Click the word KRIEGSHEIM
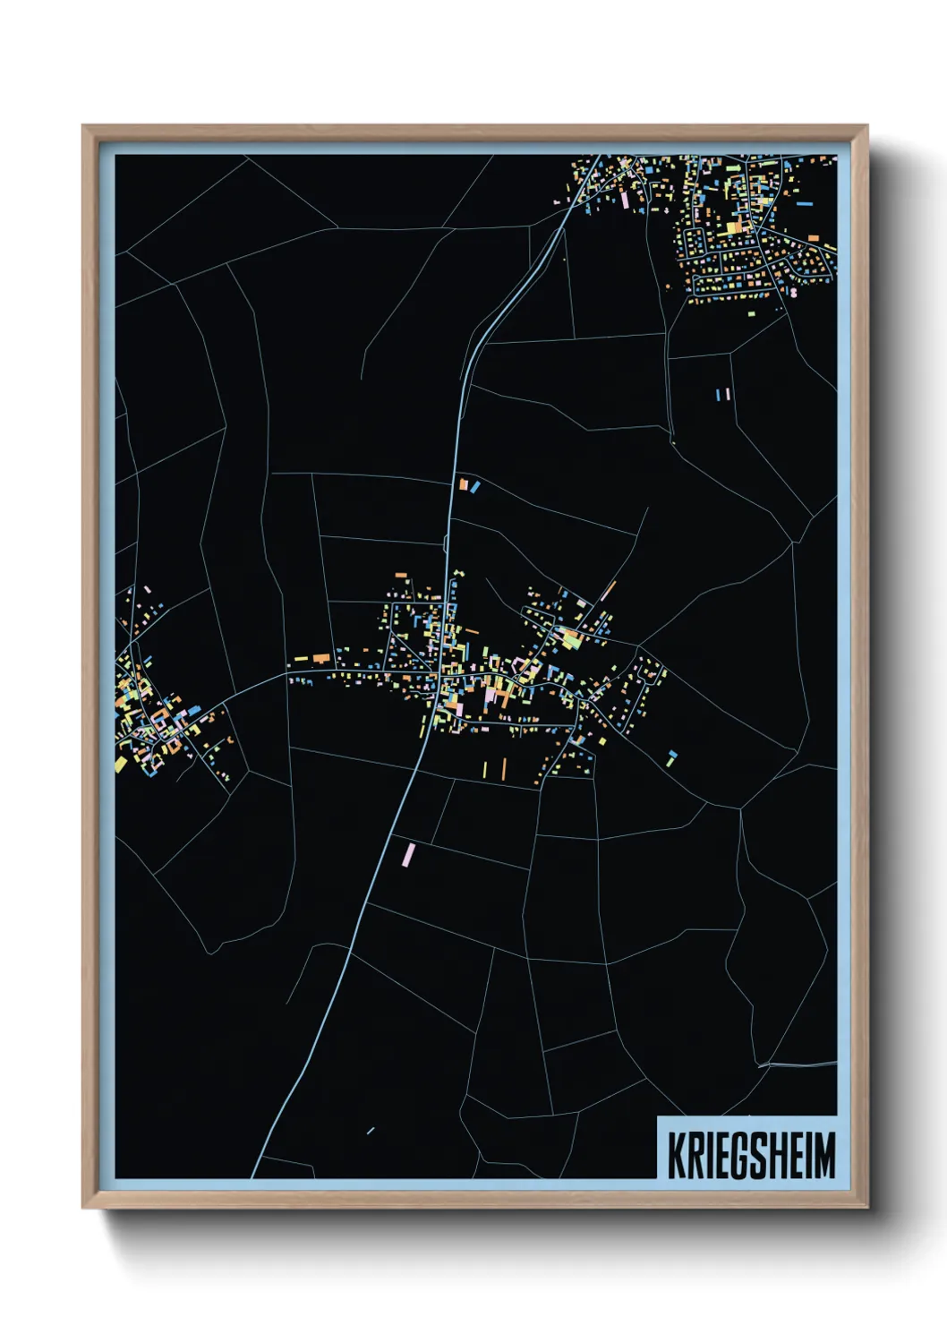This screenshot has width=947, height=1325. pyautogui.click(x=751, y=1155)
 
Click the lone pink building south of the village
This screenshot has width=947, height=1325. pyautogui.click(x=408, y=854)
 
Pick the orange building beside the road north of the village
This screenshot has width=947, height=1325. pyautogui.click(x=464, y=484)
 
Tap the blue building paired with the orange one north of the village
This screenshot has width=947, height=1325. pyautogui.click(x=475, y=487)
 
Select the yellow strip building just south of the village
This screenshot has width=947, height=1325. pyautogui.click(x=485, y=769)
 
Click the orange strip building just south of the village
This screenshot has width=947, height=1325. pyautogui.click(x=504, y=768)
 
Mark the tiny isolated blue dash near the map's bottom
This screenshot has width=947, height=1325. pyautogui.click(x=370, y=1131)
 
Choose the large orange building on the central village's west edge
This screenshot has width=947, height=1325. pyautogui.click(x=320, y=659)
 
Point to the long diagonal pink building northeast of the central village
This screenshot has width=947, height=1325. pyautogui.click(x=609, y=591)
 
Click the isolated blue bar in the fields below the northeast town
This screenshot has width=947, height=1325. pyautogui.click(x=720, y=394)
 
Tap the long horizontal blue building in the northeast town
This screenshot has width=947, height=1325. pyautogui.click(x=804, y=204)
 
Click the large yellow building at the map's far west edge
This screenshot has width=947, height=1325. pyautogui.click(x=121, y=764)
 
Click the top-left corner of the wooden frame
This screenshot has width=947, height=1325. pyautogui.click(x=83, y=126)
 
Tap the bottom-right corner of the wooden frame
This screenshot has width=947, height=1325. pyautogui.click(x=866, y=1207)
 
